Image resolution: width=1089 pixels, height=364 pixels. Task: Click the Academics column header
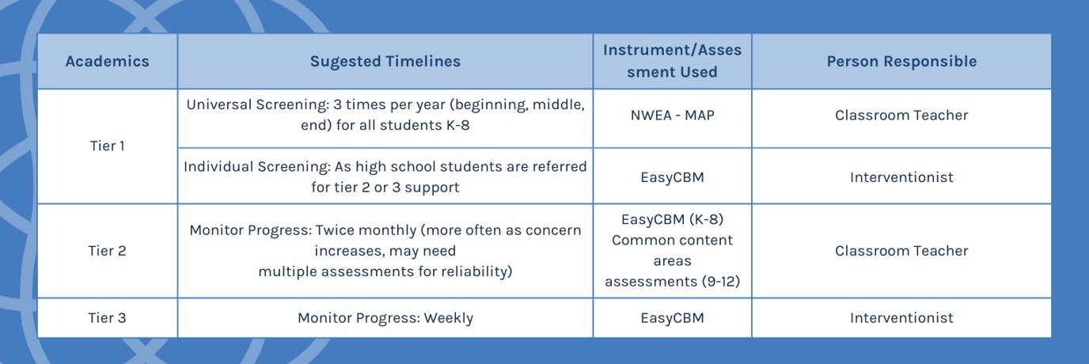pos(107,62)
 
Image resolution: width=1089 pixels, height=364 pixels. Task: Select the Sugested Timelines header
pos(385,62)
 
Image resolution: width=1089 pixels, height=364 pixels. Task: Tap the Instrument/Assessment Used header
pos(672,61)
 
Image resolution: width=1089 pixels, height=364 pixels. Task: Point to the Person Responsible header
pos(901,62)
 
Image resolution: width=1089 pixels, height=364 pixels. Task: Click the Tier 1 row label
pos(107,146)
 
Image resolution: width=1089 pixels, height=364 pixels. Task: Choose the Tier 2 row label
pos(107,251)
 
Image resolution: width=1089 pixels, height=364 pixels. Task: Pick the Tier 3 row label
pos(107,318)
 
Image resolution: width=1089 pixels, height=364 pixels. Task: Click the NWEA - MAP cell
pos(672,116)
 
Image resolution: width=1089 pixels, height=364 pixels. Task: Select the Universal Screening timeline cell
pos(385,116)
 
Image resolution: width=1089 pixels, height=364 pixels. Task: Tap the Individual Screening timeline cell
pos(385,177)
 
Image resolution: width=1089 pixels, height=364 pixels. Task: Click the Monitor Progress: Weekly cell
pos(385,318)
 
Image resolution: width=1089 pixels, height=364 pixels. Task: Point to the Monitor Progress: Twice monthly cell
pos(385,251)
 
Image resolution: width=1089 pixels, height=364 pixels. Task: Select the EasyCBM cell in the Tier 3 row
pos(672,318)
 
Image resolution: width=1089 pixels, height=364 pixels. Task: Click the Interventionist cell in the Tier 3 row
pos(901,318)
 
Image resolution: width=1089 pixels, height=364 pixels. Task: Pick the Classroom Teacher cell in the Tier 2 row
pos(901,251)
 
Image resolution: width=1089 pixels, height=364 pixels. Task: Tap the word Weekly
pos(448,318)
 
